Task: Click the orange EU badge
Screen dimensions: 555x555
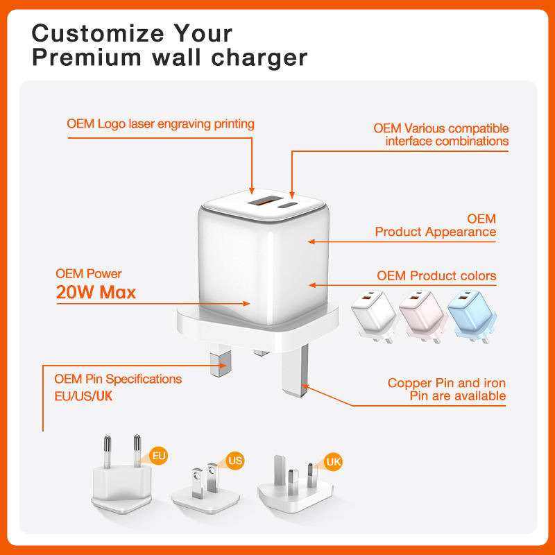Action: click(159, 456)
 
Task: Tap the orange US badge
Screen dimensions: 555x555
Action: click(235, 461)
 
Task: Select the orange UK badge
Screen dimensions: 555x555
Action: click(333, 461)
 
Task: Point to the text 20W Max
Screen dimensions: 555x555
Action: click(96, 292)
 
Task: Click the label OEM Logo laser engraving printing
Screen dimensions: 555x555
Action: click(160, 124)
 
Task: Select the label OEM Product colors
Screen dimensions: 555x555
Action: click(436, 275)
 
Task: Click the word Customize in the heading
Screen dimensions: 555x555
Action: click(98, 33)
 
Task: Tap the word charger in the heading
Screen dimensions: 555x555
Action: click(259, 58)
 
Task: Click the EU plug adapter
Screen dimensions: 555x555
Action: click(121, 475)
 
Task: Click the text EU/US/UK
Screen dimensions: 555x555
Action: click(83, 396)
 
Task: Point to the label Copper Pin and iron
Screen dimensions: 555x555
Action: click(446, 383)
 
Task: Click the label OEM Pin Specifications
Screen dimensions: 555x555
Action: click(118, 379)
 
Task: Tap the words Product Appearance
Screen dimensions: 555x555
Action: click(436, 232)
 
